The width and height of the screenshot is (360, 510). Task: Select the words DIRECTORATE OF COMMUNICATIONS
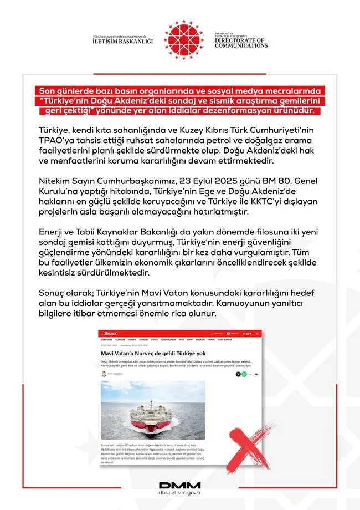pos(241,43)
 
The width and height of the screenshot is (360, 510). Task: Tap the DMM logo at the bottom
pos(179,486)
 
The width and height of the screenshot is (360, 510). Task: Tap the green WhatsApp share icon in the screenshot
pos(238,375)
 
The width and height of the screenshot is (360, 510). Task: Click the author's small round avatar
pos(104,375)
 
